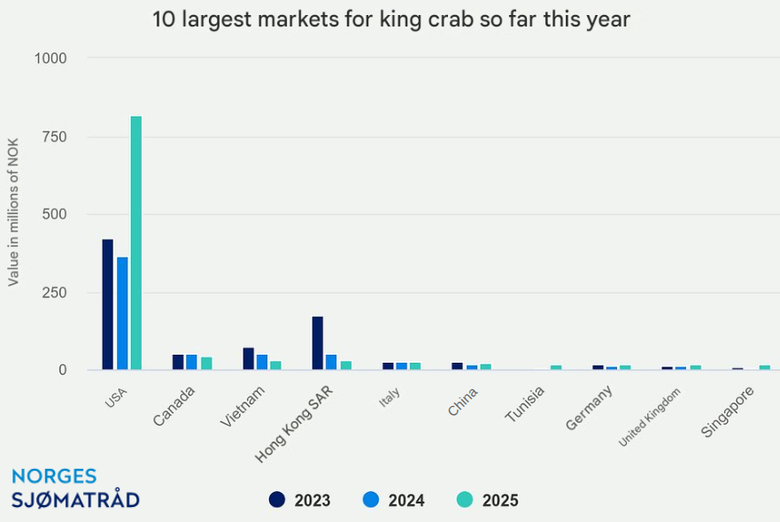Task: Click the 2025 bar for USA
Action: [136, 242]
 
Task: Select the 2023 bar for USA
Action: [107, 304]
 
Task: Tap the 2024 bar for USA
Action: [122, 313]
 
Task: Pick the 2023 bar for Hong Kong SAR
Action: [317, 342]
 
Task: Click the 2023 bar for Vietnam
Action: [249, 358]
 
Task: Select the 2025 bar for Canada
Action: [206, 363]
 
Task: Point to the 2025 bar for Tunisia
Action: [556, 367]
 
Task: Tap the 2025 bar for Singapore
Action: [764, 367]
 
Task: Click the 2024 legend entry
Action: [393, 500]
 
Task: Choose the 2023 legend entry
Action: [299, 500]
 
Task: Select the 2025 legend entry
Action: [487, 500]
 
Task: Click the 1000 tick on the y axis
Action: [50, 58]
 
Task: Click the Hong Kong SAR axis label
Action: [294, 424]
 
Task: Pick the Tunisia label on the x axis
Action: [525, 405]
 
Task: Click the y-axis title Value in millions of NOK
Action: [14, 214]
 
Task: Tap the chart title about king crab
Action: [390, 19]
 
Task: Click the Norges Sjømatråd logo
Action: [74, 487]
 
